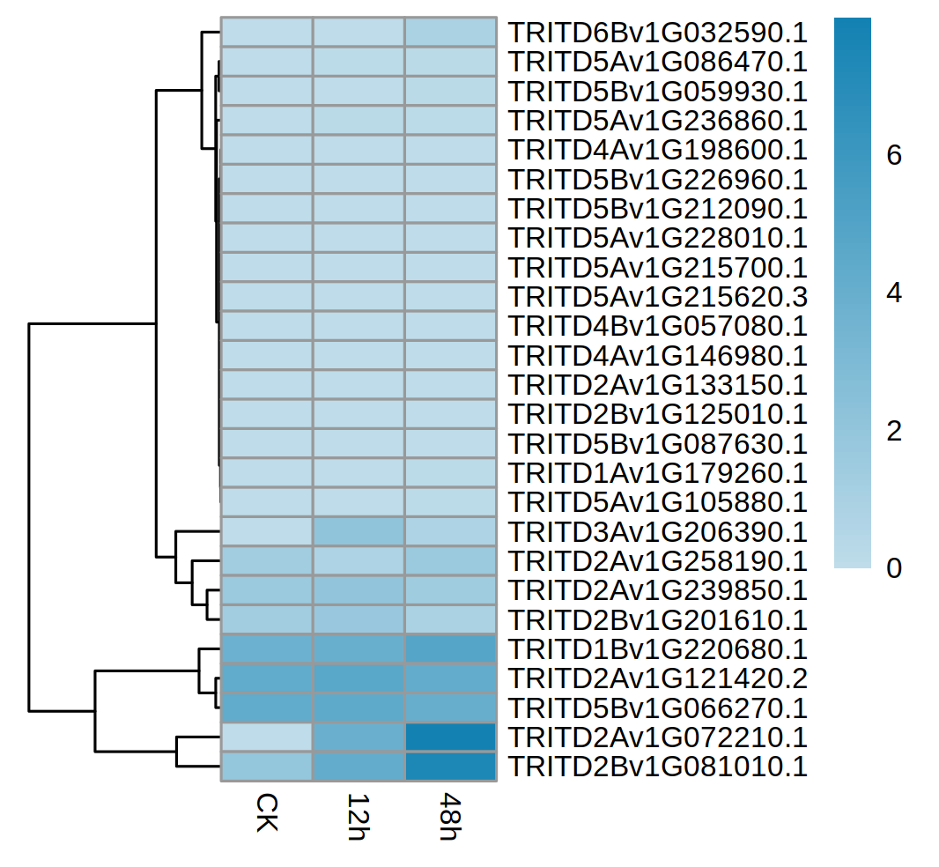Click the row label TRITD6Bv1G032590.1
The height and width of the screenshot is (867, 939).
pos(657,33)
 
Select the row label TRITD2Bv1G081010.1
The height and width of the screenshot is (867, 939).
pos(657,767)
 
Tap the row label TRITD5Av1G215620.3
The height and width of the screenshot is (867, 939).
pos(657,297)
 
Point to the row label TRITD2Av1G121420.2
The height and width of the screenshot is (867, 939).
pos(657,678)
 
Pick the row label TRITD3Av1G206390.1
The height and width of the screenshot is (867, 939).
pos(657,532)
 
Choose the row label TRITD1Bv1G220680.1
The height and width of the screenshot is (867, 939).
pos(657,649)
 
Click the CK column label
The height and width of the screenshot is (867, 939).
pos(267,814)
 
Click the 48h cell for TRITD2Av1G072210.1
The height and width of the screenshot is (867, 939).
pos(450,737)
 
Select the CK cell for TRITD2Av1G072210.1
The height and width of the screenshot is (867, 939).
pos(267,737)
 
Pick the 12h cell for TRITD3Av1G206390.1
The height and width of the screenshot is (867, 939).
pos(359,532)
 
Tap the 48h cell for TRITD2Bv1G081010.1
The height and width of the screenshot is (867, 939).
pos(450,767)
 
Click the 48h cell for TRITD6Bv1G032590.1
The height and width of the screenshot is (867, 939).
pos(450,32)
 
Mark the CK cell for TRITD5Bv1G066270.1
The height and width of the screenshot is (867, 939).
pos(267,708)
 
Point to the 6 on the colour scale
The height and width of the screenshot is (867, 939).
pos(894,156)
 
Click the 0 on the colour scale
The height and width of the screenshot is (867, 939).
pos(894,568)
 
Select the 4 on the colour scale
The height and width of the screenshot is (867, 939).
pos(894,293)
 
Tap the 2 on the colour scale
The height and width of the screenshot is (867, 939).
pos(894,431)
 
